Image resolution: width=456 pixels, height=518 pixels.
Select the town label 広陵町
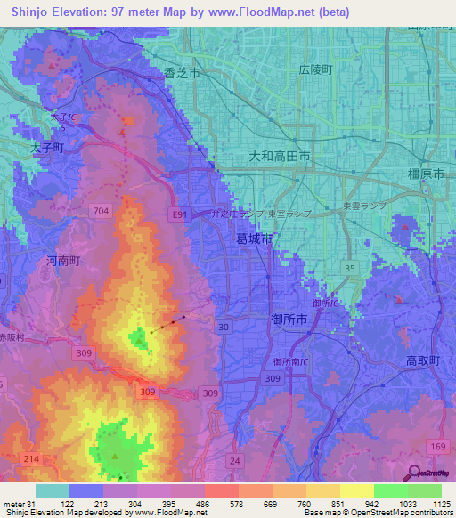(x=314, y=69)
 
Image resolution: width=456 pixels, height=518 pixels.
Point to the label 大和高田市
(x=279, y=156)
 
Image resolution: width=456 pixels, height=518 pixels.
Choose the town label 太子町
(x=46, y=150)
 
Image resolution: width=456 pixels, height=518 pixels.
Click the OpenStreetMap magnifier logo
(x=415, y=473)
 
